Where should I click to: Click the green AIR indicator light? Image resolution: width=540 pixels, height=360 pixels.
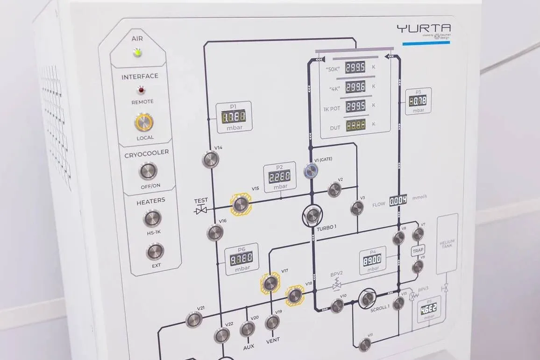click(x=137, y=52)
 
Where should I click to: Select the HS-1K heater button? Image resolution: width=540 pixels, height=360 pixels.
click(x=152, y=218)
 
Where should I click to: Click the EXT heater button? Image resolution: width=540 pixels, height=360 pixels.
click(x=155, y=252)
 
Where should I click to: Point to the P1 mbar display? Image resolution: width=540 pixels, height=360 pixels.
click(x=234, y=116)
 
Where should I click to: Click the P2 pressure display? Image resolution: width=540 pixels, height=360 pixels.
click(x=280, y=176)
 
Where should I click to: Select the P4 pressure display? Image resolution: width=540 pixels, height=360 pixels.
click(x=372, y=259)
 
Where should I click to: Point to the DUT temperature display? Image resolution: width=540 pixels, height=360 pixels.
click(x=355, y=125)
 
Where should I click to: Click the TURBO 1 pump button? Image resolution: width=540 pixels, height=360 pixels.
click(x=313, y=215)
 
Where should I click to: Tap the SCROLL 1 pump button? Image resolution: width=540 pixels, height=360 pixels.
click(x=367, y=298)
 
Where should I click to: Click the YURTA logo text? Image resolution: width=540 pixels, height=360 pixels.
click(x=423, y=28)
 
